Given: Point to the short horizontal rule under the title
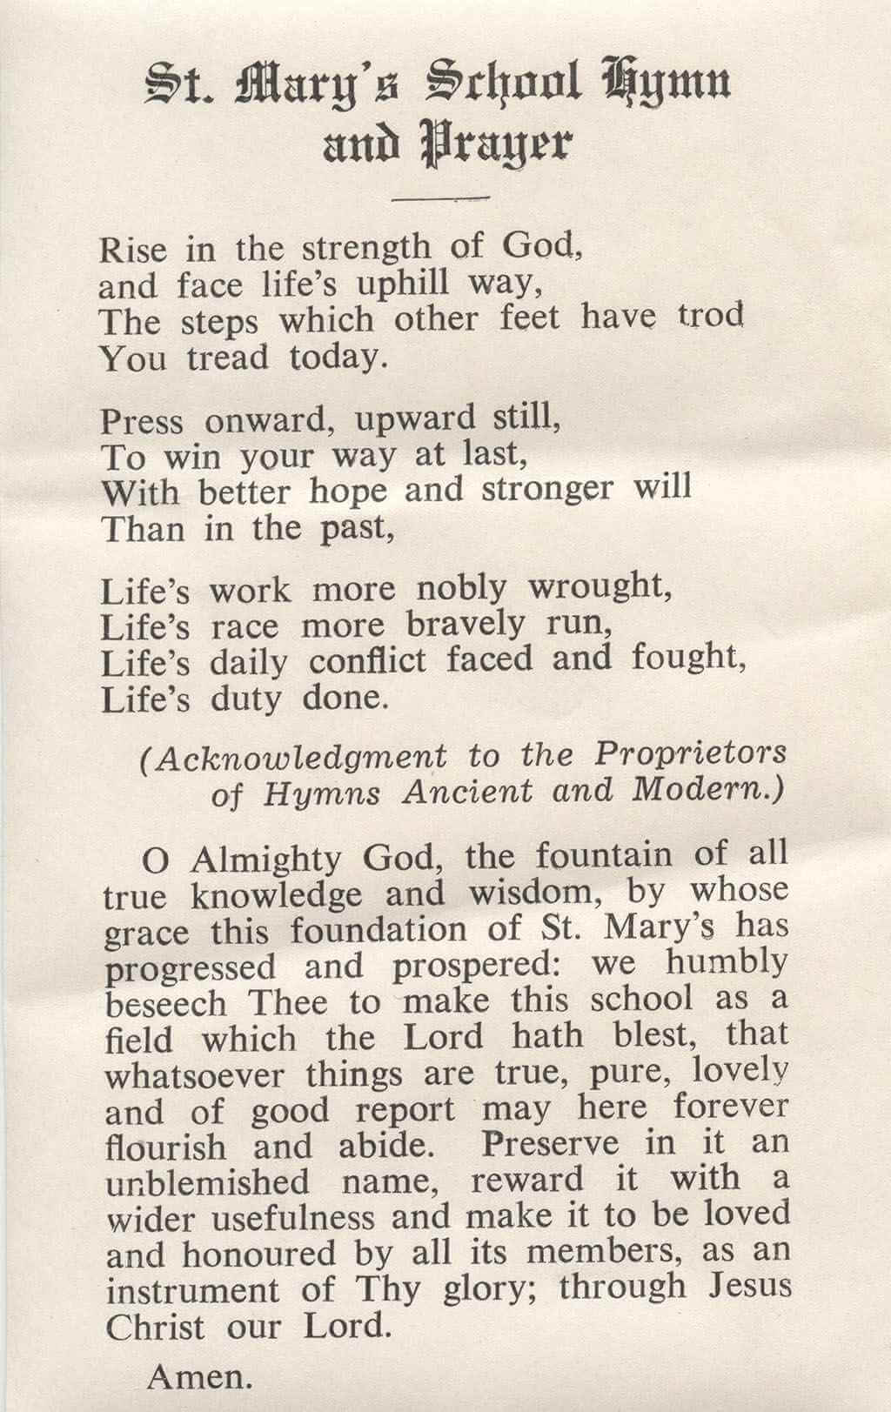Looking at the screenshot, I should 441,198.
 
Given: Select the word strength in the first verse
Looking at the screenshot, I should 366,248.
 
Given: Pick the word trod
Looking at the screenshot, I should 711,314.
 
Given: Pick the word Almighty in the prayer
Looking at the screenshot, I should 265,860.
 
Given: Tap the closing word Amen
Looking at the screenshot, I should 200,1376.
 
